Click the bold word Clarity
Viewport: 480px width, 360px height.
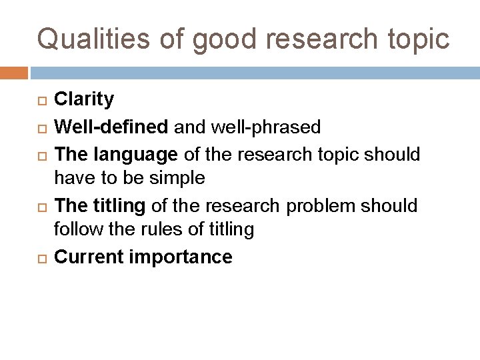tap(83, 100)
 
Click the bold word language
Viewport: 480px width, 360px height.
tap(135, 155)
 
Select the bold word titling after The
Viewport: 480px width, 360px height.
tap(120, 206)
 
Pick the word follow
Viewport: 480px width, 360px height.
tap(75, 230)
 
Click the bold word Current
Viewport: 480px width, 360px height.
tap(87, 257)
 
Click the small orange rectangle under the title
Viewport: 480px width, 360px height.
tap(14, 73)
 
